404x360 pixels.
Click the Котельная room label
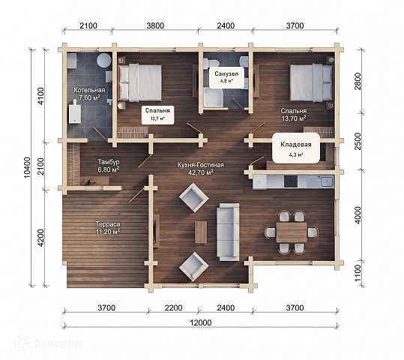point(89,94)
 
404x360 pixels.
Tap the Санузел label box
point(226,77)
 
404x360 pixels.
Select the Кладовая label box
point(296,148)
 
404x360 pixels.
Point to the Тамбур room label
point(108,166)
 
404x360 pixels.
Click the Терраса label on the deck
point(108,228)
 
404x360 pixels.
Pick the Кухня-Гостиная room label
point(201,169)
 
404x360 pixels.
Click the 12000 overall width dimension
point(201,322)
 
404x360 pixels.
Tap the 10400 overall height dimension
point(27,167)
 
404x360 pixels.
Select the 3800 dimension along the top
point(155,25)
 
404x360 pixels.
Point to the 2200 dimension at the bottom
point(173,307)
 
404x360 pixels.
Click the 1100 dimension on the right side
point(358,273)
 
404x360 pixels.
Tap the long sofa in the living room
point(228,232)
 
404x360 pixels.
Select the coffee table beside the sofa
point(201,232)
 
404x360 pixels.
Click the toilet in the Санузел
point(211,64)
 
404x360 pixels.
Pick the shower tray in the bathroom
point(213,97)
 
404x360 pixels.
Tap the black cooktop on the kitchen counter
point(291,181)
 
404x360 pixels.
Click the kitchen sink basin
point(327,181)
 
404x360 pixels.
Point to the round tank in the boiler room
point(104,60)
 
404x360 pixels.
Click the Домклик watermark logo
point(49,343)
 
